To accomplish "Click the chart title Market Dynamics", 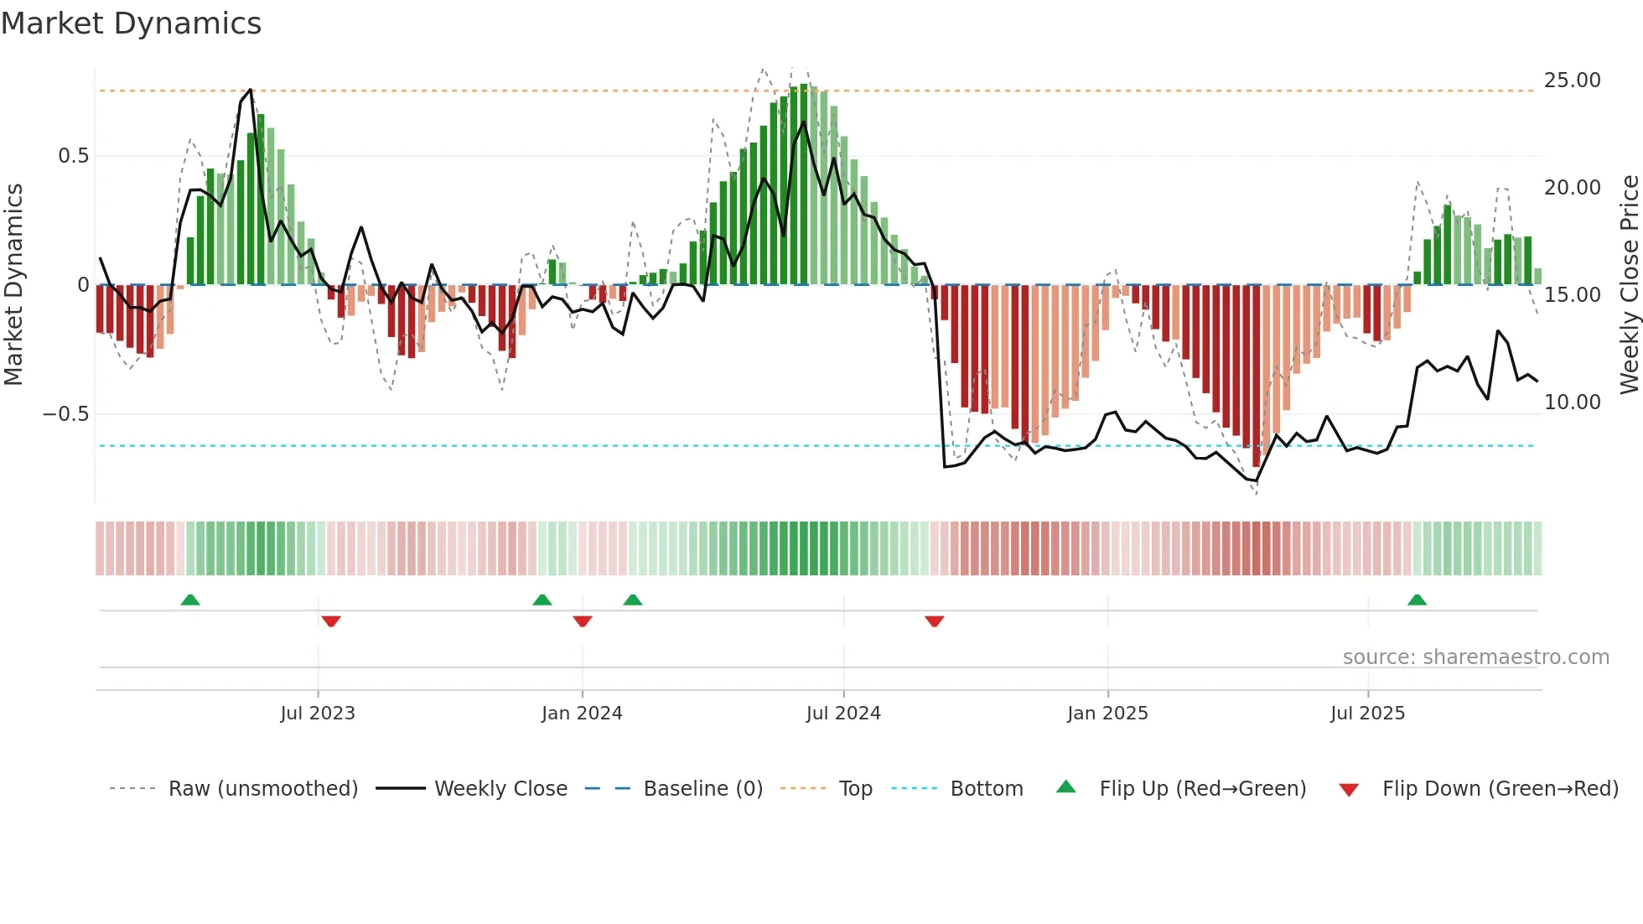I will pyautogui.click(x=132, y=23).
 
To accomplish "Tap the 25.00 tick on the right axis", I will pyautogui.click(x=1572, y=80).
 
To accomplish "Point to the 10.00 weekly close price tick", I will pyautogui.click(x=1572, y=402).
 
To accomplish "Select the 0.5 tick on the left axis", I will pyautogui.click(x=73, y=156).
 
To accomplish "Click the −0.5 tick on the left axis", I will pyautogui.click(x=66, y=414).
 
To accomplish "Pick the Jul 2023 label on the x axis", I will pyautogui.click(x=318, y=714).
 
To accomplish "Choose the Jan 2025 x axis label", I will pyautogui.click(x=1107, y=714).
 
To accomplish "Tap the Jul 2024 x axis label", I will pyautogui.click(x=843, y=714).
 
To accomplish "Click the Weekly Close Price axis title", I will pyautogui.click(x=1629, y=285).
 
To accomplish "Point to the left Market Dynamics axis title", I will pyautogui.click(x=13, y=285).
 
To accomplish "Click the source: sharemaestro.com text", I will pyautogui.click(x=1475, y=657).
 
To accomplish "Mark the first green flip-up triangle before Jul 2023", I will pyautogui.click(x=190, y=600).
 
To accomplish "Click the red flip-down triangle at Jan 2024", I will pyautogui.click(x=583, y=621).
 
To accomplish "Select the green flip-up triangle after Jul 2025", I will pyautogui.click(x=1417, y=600).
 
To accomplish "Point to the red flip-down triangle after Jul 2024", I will pyautogui.click(x=935, y=621).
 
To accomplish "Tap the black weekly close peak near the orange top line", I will pyautogui.click(x=250, y=90).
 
